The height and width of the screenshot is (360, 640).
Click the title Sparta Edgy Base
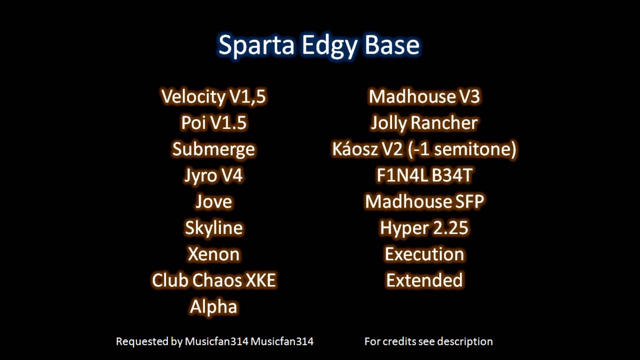(x=319, y=45)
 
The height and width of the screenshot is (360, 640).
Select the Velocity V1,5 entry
(x=213, y=96)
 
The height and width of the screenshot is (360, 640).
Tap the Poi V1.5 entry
(x=213, y=123)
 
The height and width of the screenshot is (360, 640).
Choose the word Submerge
(x=213, y=149)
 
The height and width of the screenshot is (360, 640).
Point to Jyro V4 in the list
(x=213, y=176)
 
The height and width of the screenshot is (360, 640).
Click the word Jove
(x=213, y=202)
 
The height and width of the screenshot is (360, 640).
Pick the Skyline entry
(x=213, y=228)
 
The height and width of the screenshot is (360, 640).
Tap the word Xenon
(x=213, y=254)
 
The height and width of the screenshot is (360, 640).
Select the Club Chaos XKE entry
(x=213, y=280)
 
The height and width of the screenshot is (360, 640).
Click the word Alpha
(x=213, y=307)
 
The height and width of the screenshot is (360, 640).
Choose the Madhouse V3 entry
(x=424, y=96)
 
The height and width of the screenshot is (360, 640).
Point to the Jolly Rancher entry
(x=424, y=123)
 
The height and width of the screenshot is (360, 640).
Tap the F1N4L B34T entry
(x=424, y=176)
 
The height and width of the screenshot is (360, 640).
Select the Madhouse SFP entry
(x=424, y=202)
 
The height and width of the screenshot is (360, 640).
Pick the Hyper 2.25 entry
(x=424, y=228)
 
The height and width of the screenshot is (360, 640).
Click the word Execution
(x=424, y=254)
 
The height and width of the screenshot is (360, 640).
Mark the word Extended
(x=424, y=280)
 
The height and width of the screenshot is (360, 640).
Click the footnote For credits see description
(x=428, y=341)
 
